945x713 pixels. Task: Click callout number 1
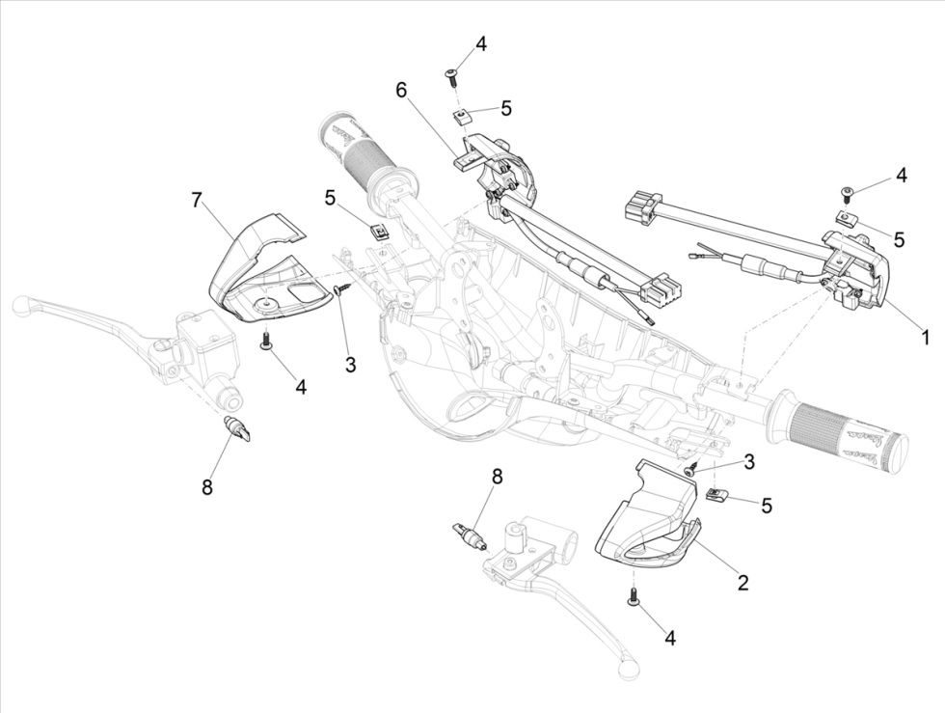[x=924, y=338]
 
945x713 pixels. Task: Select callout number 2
[x=742, y=582]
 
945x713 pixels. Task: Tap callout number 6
[x=401, y=90]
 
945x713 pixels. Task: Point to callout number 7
[x=197, y=200]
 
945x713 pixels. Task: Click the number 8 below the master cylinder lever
[x=206, y=487]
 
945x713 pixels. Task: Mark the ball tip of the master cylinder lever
[x=19, y=307]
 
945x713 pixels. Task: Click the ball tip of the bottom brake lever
[x=631, y=666]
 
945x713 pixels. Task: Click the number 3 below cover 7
[x=350, y=365]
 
